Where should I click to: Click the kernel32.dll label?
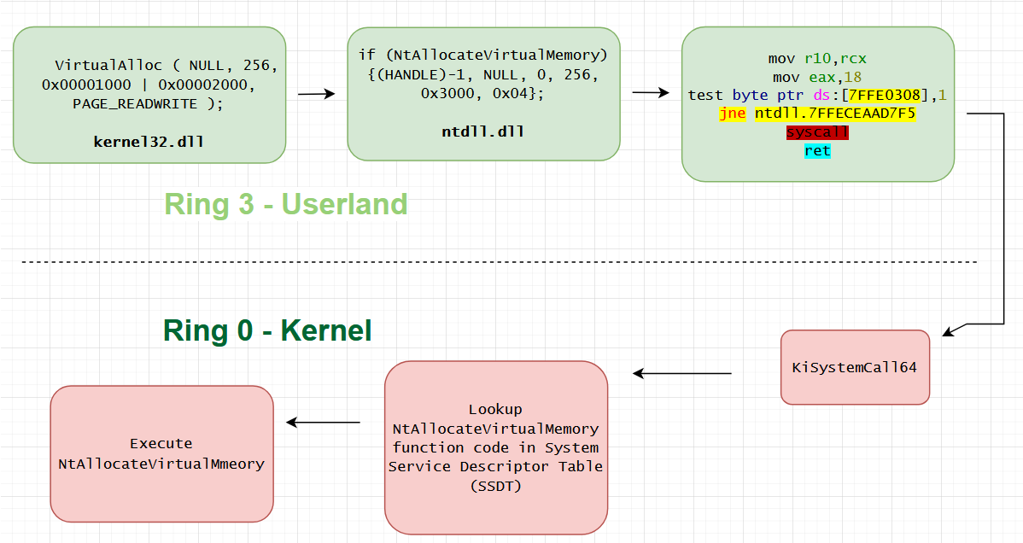coord(149,142)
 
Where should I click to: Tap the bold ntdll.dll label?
coord(482,131)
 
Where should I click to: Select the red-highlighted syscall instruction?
coord(817,131)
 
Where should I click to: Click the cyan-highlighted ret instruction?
coord(817,151)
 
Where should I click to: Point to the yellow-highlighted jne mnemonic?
coord(732,114)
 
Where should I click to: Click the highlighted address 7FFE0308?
coord(884,96)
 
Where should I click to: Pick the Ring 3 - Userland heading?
coord(286,204)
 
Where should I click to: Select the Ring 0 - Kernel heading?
coord(267,330)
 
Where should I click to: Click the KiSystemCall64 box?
coord(856,367)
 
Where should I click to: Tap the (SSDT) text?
coord(496,486)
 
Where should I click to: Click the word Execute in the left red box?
coord(161,444)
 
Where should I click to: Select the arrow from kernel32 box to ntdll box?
coord(317,94)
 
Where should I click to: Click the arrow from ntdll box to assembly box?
coord(651,93)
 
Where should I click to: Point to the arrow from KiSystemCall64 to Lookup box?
coord(681,373)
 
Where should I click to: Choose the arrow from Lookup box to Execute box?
coord(323,423)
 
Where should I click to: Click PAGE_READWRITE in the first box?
coord(135,104)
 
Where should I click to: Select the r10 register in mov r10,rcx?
coord(817,59)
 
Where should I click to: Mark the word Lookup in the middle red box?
coord(496,409)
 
